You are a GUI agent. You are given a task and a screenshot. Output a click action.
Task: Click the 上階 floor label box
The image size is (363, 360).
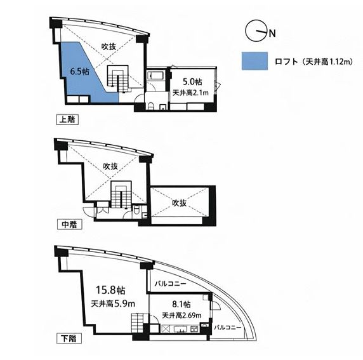click(x=67, y=119)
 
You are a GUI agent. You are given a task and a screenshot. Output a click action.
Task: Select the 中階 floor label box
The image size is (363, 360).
click(x=69, y=224)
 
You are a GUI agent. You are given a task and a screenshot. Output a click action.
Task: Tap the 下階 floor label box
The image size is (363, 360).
click(x=69, y=338)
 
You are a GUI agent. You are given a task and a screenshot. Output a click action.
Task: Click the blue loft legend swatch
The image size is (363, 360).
click(x=254, y=61)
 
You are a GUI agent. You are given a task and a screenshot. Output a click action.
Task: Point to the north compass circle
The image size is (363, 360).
click(x=255, y=32)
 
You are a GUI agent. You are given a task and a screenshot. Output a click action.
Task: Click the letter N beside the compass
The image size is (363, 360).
click(x=272, y=34)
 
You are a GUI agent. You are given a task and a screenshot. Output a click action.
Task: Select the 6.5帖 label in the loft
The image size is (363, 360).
click(x=79, y=72)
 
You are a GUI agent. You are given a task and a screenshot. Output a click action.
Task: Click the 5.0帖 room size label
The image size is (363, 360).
click(x=192, y=82)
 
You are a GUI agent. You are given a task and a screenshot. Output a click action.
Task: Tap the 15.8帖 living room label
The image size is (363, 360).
click(x=110, y=290)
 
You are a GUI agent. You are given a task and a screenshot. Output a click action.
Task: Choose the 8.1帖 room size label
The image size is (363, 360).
click(x=181, y=304)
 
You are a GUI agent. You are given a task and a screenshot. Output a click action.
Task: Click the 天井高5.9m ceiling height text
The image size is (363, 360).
click(x=113, y=303)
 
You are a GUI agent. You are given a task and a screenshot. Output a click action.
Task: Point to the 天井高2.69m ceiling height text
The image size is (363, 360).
click(x=181, y=316)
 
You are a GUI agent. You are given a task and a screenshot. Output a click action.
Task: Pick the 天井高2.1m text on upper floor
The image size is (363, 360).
click(x=190, y=93)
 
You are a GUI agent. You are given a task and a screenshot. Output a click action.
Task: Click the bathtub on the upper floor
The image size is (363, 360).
click(x=156, y=75)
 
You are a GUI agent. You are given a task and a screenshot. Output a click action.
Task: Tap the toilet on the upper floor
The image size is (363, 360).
click(x=150, y=106)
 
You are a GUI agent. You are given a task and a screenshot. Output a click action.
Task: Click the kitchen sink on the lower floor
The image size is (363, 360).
click(x=181, y=329)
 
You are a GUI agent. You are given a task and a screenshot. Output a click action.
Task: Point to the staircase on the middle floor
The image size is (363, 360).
click(x=121, y=194)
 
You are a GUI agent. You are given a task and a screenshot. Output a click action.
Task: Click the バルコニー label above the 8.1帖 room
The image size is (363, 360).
click(x=171, y=284)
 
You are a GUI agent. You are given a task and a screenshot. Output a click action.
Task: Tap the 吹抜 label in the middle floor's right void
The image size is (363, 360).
click(x=179, y=203)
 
